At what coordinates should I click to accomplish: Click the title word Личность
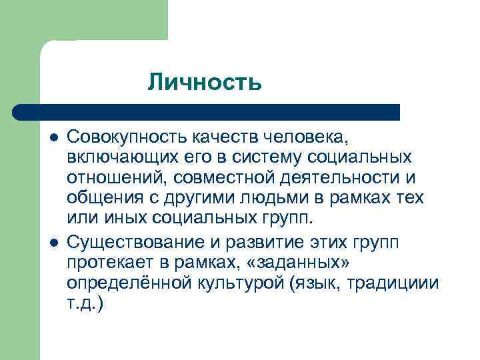tap(204, 83)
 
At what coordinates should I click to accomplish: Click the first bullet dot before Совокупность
tap(54, 137)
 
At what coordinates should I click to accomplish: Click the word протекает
tap(107, 261)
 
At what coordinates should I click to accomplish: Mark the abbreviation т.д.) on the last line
tap(86, 303)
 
